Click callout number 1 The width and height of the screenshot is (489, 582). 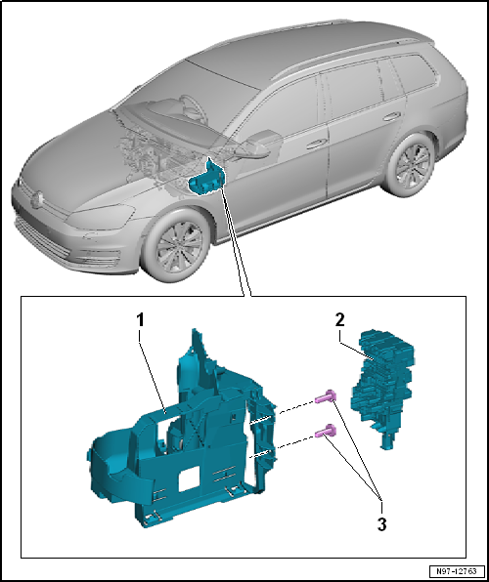[140, 320]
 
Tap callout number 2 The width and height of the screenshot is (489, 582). [340, 320]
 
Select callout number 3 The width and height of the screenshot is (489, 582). [381, 524]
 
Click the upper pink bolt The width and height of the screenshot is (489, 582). [326, 397]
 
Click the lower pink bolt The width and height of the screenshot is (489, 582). [326, 431]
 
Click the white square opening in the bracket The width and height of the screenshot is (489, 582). [190, 478]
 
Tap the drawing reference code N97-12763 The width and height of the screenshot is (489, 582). [457, 571]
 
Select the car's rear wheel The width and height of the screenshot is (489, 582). [411, 165]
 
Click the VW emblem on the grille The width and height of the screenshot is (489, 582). [37, 199]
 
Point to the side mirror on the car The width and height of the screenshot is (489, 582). [260, 144]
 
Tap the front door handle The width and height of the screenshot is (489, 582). [316, 144]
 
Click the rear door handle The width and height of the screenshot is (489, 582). [392, 116]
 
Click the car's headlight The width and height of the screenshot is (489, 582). [101, 217]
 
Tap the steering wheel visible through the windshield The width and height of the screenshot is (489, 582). [191, 106]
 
